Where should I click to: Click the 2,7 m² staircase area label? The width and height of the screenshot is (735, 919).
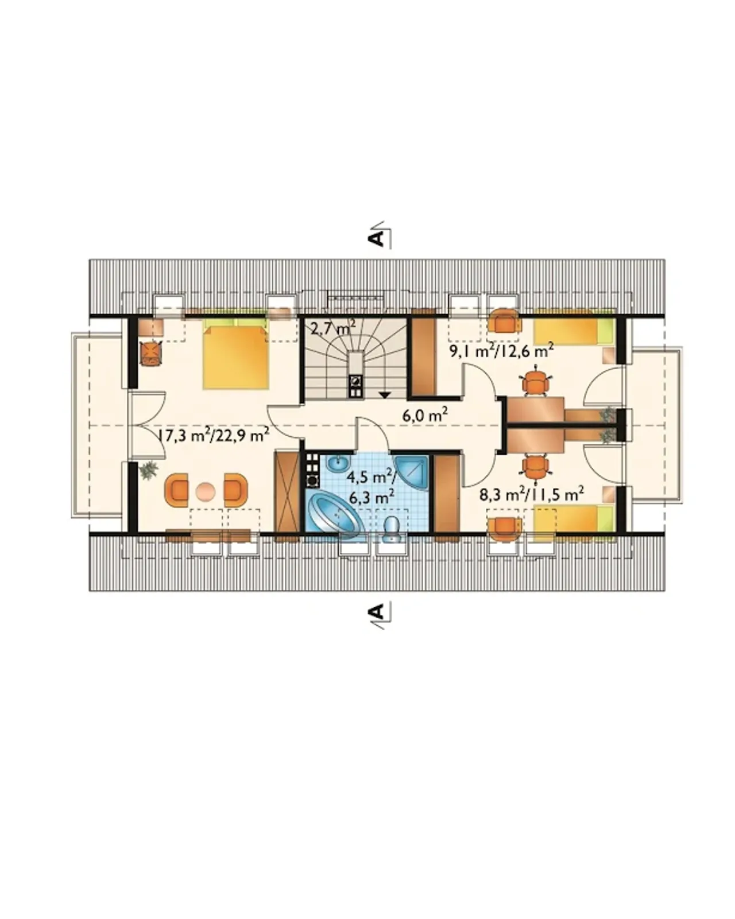click(334, 328)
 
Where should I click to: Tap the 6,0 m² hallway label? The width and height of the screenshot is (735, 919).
click(425, 414)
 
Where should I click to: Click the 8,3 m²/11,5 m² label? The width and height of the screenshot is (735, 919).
click(532, 495)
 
